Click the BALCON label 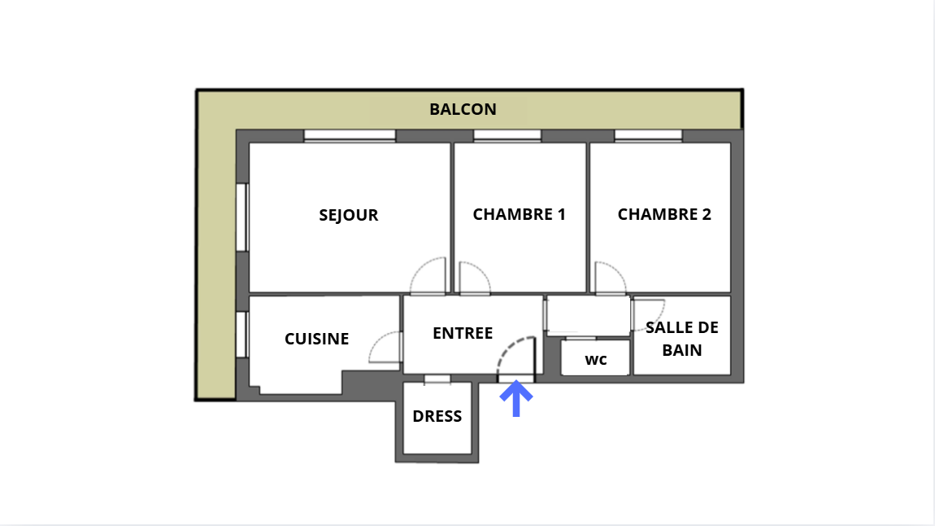(x=463, y=109)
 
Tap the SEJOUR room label (x=348, y=215)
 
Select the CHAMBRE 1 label (x=519, y=214)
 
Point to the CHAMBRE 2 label (x=664, y=214)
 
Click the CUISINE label (x=316, y=339)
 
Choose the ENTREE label (x=463, y=333)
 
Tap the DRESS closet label (x=437, y=416)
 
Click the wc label (x=596, y=359)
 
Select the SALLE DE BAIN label (x=682, y=339)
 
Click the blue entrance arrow (x=515, y=399)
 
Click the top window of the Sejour (x=350, y=135)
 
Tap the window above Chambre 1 (x=507, y=135)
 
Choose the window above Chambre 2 (x=648, y=135)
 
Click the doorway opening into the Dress (x=437, y=379)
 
